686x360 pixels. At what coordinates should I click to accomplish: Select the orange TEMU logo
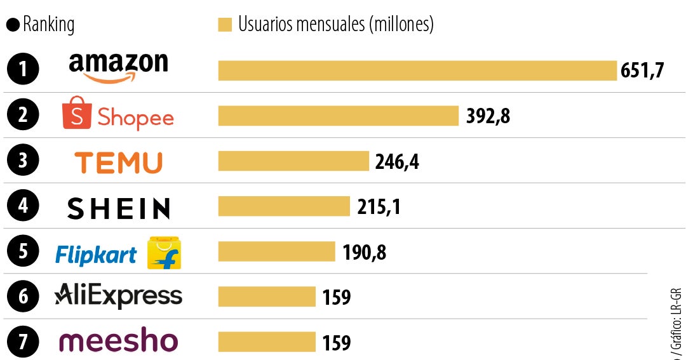coord(118,163)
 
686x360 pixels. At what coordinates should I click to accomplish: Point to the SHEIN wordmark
coord(118,208)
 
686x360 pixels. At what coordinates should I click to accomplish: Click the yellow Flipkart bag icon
coord(164,253)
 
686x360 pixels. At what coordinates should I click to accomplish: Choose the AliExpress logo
coord(118,296)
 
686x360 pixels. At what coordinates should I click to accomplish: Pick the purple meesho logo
coord(118,341)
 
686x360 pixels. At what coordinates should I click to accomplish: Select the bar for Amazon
coord(417,70)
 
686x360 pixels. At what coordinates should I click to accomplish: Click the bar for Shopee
coord(338,116)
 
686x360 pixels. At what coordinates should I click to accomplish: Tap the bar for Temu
coord(293,161)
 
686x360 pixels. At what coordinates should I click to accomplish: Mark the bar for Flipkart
coord(276,251)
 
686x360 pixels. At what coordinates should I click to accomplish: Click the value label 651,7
coord(642,70)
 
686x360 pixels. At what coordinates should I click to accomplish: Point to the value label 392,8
coord(488,116)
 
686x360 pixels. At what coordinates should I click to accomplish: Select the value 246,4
coord(397,161)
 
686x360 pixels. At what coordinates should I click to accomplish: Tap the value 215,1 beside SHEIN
coord(379,206)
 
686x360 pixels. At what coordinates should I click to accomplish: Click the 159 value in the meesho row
coord(336,343)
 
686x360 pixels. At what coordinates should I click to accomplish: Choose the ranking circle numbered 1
coord(23,69)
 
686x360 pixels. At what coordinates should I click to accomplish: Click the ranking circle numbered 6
coord(23,297)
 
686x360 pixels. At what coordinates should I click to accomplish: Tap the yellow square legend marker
coord(225,25)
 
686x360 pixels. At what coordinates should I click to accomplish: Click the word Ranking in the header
coord(48,25)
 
